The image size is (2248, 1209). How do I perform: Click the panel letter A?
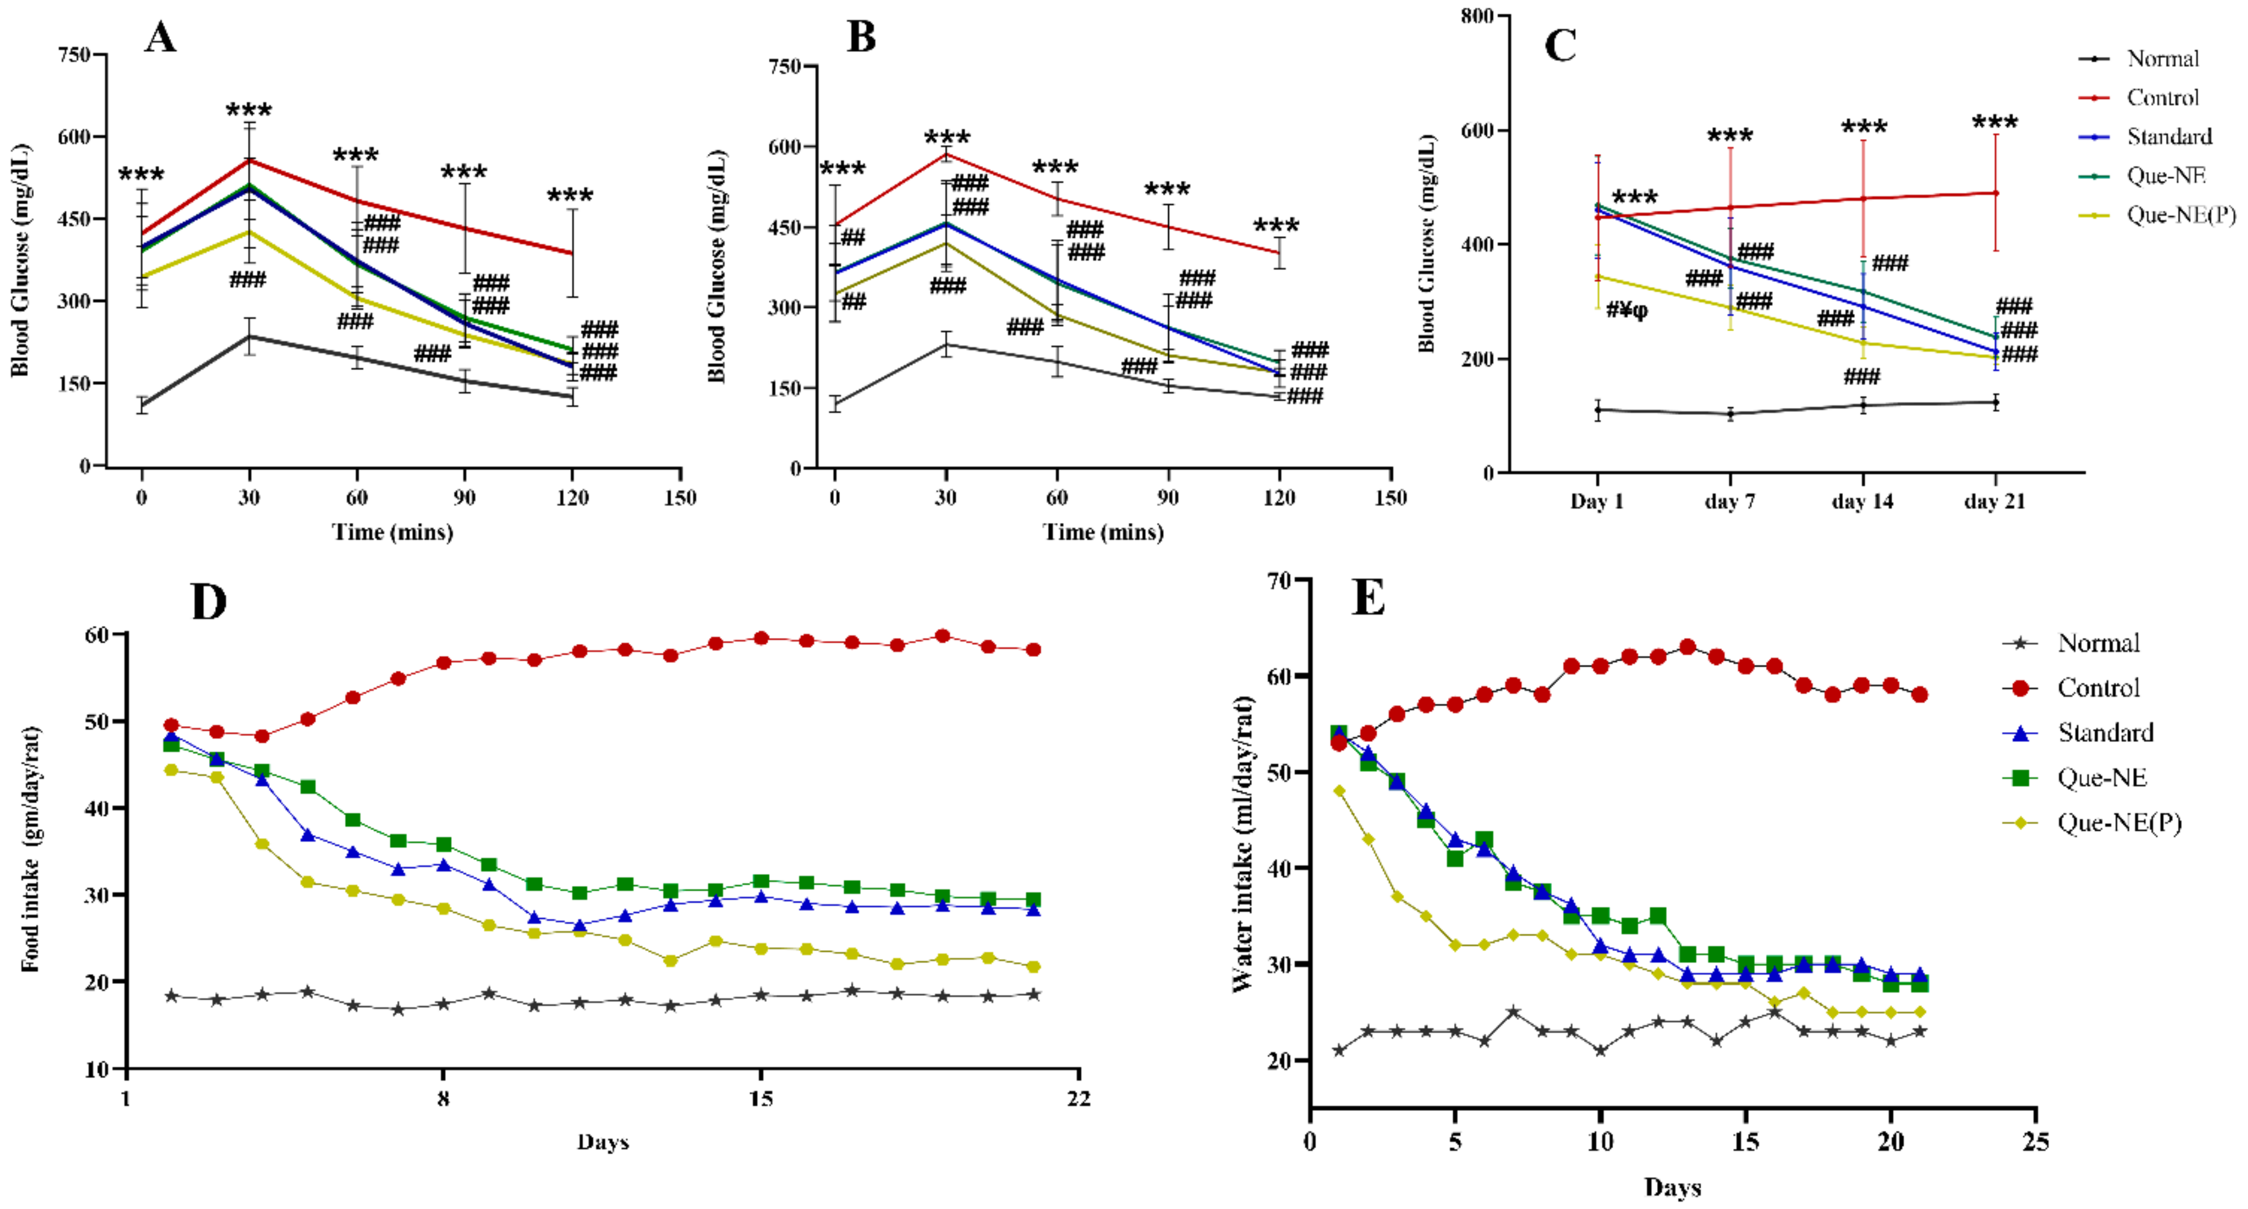coord(160,38)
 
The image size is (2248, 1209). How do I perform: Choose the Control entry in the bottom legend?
coord(2098,688)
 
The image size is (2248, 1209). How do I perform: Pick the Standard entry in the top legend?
coord(2169,137)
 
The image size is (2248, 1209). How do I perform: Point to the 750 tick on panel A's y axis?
coord(74,55)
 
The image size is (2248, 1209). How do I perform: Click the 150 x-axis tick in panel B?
coord(1390,498)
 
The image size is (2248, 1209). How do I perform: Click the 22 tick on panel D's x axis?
coord(1079,1098)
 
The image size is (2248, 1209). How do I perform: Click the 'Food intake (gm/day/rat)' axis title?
coord(31,849)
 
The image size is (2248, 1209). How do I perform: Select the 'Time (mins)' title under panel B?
coord(1103,532)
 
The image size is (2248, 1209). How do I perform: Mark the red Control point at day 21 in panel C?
coord(1996,193)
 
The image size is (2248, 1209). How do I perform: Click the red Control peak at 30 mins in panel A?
coord(250,160)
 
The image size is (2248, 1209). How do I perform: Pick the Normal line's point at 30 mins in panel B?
coord(946,344)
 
